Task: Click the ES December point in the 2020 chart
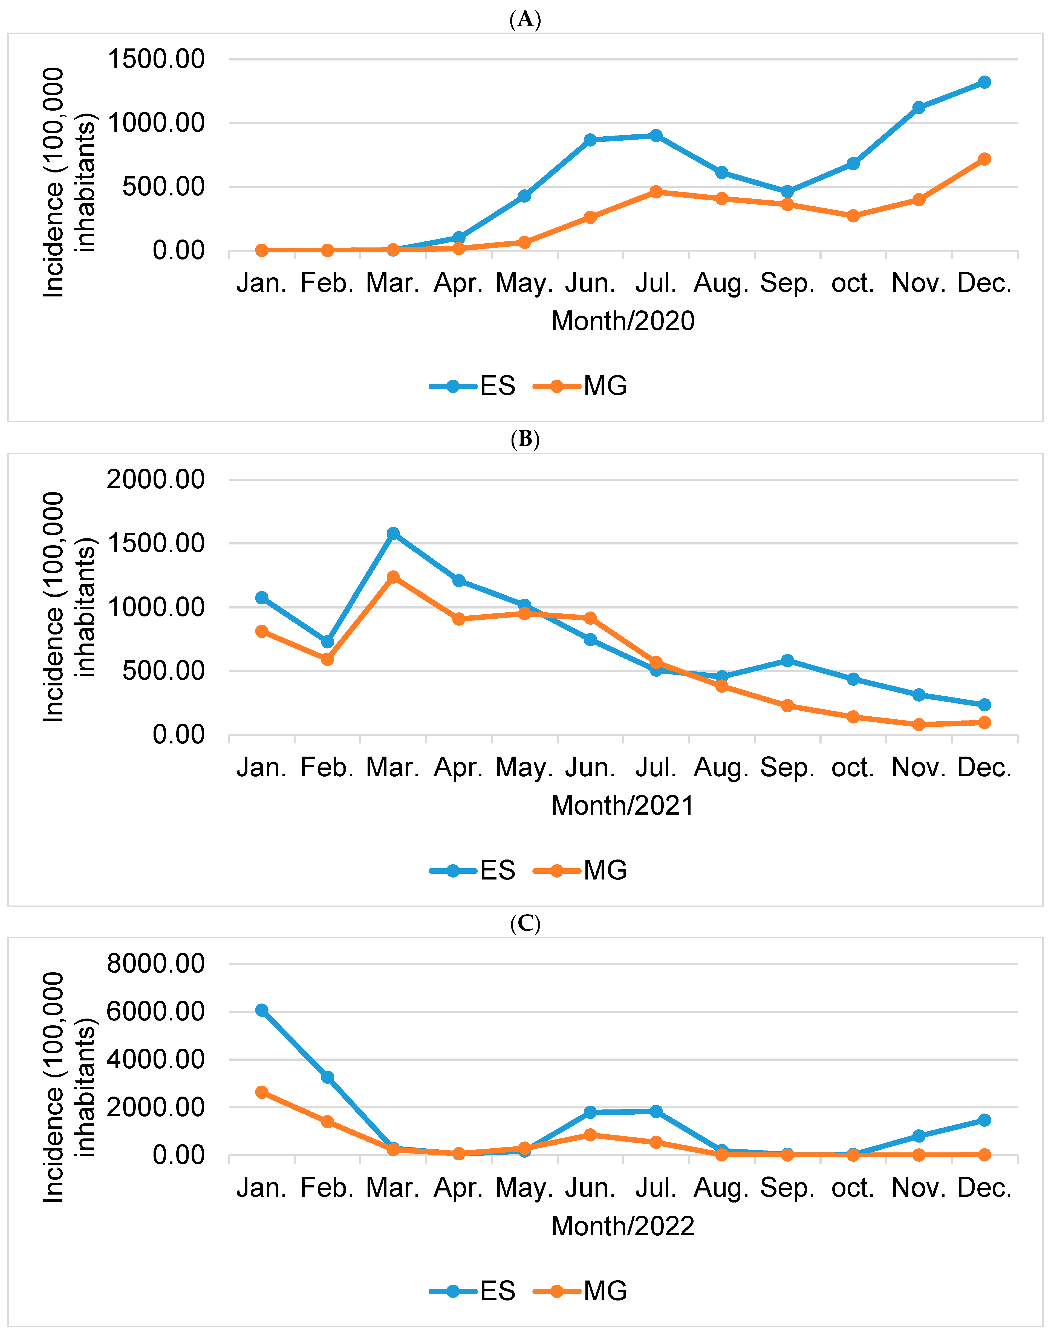coord(984,82)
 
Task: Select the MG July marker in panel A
coord(656,192)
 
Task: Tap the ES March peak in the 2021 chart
coord(393,533)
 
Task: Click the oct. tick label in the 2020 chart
coord(853,283)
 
